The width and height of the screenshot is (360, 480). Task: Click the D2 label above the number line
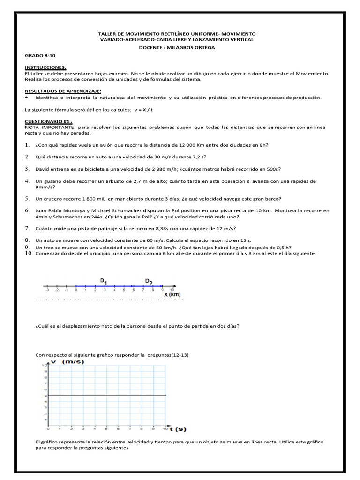coord(149,281)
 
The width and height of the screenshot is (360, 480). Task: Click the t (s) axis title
coord(177,428)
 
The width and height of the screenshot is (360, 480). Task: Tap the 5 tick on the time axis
coord(106,429)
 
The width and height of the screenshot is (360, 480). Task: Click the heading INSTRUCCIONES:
coord(45,67)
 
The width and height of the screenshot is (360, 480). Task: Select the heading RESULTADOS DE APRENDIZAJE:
coord(63,90)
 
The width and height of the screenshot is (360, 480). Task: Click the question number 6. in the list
coord(28,211)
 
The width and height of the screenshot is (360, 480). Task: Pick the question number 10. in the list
coord(29,253)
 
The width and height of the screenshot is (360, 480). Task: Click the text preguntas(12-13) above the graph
coord(167,355)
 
